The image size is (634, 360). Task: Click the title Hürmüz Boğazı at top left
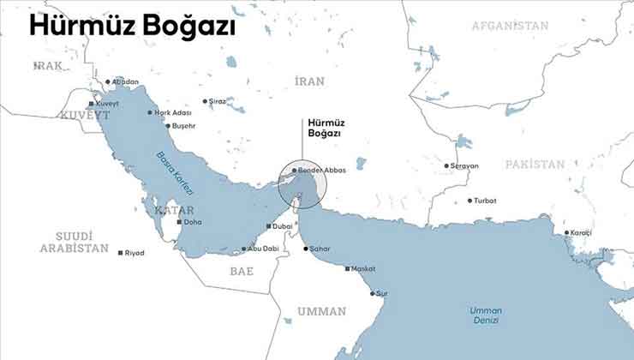(132, 27)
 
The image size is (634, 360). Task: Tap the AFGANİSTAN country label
(510, 26)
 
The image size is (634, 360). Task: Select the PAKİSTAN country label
(535, 164)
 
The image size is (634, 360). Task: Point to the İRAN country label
(309, 81)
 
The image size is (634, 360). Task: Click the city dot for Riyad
(120, 253)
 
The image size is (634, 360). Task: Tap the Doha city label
(193, 222)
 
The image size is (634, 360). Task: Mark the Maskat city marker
(347, 269)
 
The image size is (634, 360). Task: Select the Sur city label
(382, 293)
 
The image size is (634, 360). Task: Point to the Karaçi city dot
(566, 232)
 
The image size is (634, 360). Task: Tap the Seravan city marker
(446, 165)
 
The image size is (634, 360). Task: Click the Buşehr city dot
(168, 126)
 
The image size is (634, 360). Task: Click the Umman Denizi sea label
(486, 315)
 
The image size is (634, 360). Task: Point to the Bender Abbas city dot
(294, 171)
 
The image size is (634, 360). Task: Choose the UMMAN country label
(321, 310)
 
